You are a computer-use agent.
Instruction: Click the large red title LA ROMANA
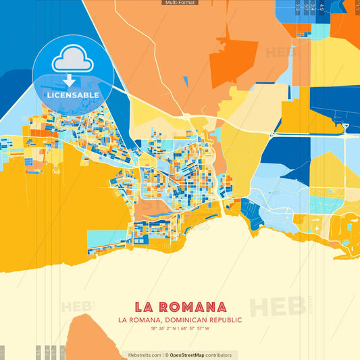pyautogui.click(x=180, y=307)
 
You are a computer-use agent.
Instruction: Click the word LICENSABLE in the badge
pyautogui.click(x=72, y=95)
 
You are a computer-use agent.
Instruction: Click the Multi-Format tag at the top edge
pyautogui.click(x=180, y=3)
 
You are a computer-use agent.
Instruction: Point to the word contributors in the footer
pyautogui.click(x=219, y=355)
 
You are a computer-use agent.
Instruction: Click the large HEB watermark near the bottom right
pyautogui.click(x=277, y=306)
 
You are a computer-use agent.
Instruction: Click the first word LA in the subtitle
pyautogui.click(x=123, y=319)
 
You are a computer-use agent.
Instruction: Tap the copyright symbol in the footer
pyautogui.click(x=166, y=355)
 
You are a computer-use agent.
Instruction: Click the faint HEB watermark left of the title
pyautogui.click(x=76, y=307)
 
